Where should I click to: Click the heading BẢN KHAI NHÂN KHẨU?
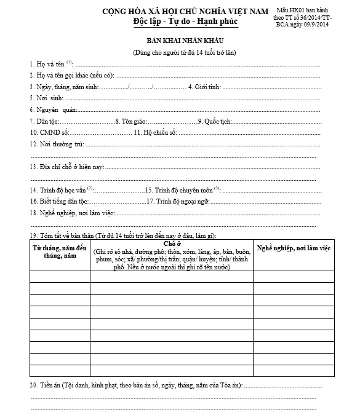(184, 41)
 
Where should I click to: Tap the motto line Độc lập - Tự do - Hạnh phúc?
(185, 22)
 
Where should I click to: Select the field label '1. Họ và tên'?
(47, 64)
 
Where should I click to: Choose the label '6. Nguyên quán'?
(52, 109)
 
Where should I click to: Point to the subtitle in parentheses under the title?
(184, 52)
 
